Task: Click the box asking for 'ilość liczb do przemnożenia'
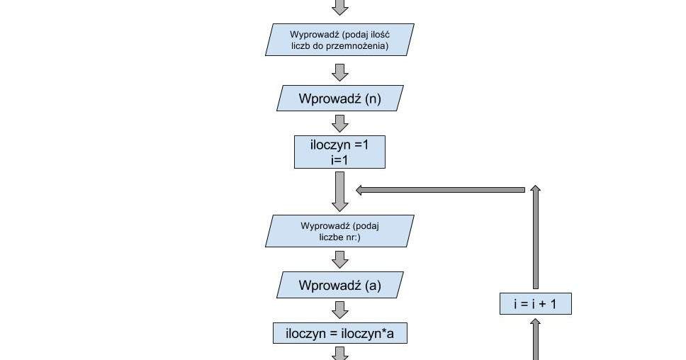tap(339, 40)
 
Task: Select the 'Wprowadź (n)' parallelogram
tap(339, 99)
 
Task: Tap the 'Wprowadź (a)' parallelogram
tap(339, 286)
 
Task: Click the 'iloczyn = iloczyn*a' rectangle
tap(339, 333)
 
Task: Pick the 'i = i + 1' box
tap(535, 304)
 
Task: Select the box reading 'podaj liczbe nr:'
tap(339, 231)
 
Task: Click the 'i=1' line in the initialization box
tap(339, 160)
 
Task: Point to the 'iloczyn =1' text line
tap(339, 145)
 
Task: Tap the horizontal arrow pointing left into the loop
tap(439, 190)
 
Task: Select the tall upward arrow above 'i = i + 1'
tap(535, 237)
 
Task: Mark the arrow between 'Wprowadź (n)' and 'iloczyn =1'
tap(340, 123)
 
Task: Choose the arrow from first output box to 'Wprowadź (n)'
tap(340, 72)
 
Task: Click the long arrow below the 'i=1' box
tap(340, 191)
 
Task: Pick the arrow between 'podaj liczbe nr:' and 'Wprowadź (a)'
tap(340, 259)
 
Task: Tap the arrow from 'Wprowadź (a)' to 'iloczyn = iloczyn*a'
tap(340, 310)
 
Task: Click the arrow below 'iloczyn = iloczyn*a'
tap(340, 352)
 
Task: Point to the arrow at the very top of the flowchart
tap(340, 7)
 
